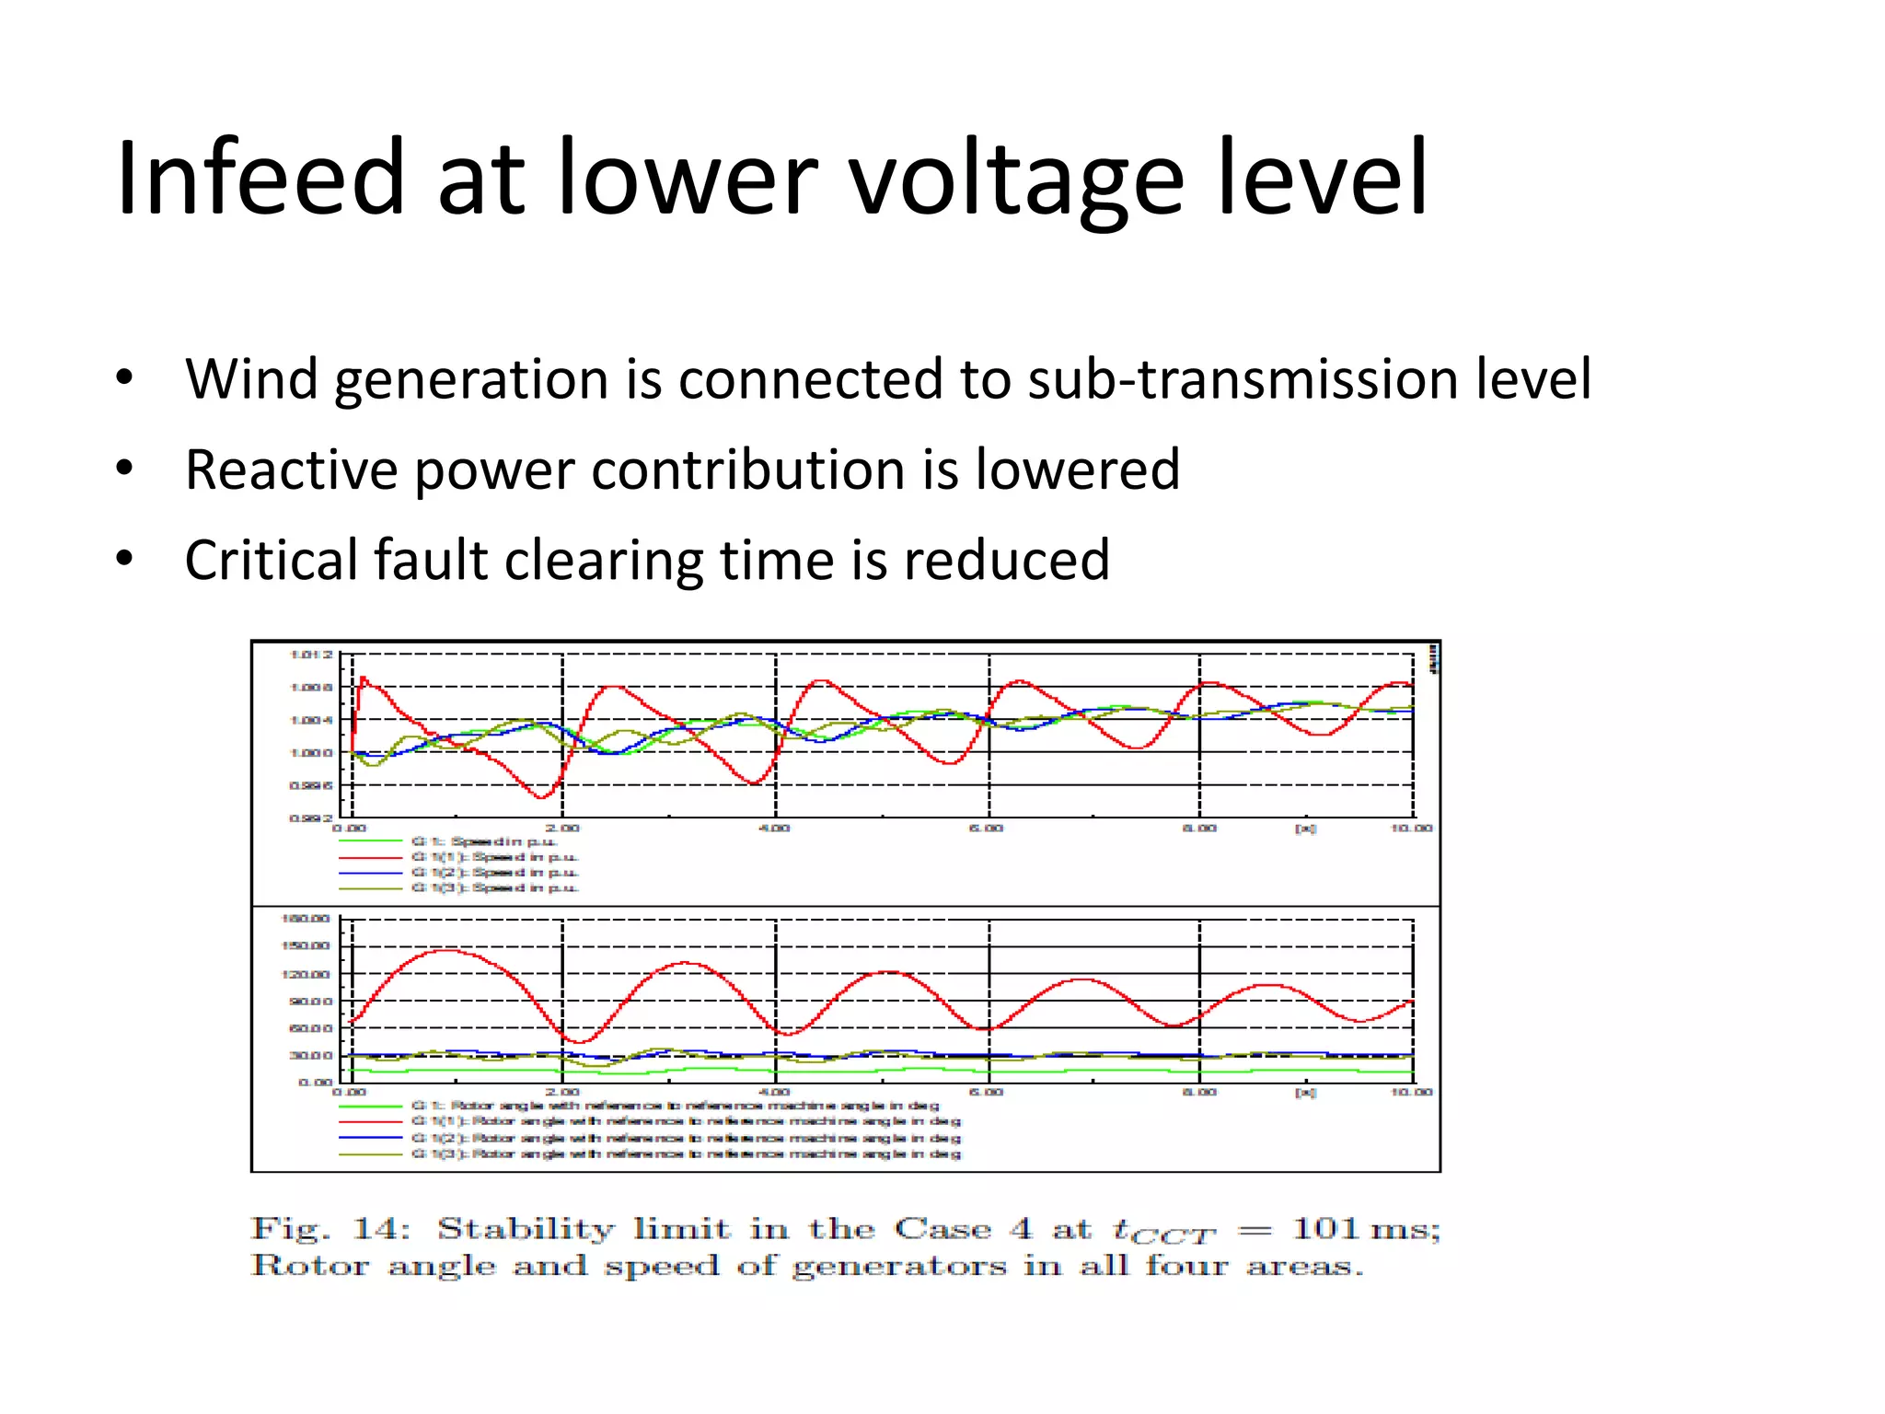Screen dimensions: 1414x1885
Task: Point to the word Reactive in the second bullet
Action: click(292, 469)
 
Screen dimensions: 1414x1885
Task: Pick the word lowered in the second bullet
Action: click(1077, 469)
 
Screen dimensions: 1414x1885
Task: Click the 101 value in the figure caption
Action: click(1326, 1228)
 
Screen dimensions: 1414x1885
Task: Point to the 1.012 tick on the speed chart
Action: click(311, 655)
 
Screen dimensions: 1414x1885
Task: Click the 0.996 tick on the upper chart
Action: click(311, 785)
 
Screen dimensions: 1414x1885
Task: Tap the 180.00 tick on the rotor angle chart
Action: click(306, 919)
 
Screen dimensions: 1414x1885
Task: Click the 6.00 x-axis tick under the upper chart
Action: click(987, 829)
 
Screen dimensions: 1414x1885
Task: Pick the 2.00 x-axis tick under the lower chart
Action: click(562, 1092)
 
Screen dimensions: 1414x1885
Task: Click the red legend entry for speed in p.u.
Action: click(494, 857)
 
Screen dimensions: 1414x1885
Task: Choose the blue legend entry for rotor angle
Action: click(685, 1138)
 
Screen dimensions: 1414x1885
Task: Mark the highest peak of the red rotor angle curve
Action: click(445, 951)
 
